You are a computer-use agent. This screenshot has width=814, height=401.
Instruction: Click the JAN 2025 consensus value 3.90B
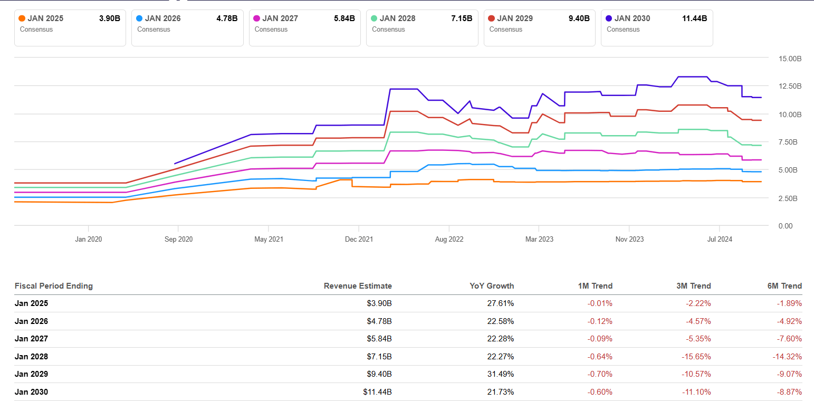109,18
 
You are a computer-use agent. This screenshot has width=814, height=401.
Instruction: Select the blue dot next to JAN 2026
139,18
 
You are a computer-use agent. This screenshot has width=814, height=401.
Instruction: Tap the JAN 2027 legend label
281,18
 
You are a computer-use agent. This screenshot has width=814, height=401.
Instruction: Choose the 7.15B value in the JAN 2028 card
461,18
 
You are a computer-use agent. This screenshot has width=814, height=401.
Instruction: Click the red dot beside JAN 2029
492,18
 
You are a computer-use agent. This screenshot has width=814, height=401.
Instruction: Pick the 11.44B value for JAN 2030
694,18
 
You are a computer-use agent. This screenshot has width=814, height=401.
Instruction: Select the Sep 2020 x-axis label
178,239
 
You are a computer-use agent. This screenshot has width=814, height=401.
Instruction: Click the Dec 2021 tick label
359,239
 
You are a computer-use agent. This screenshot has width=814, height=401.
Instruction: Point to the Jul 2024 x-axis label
720,239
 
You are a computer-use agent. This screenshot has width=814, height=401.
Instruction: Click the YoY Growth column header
492,286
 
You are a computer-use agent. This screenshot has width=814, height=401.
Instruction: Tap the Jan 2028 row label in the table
31,357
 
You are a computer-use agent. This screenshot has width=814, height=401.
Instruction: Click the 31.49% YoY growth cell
500,374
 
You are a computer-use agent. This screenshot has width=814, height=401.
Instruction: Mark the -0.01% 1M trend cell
600,303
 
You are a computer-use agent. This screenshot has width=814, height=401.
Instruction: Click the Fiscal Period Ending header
53,286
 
